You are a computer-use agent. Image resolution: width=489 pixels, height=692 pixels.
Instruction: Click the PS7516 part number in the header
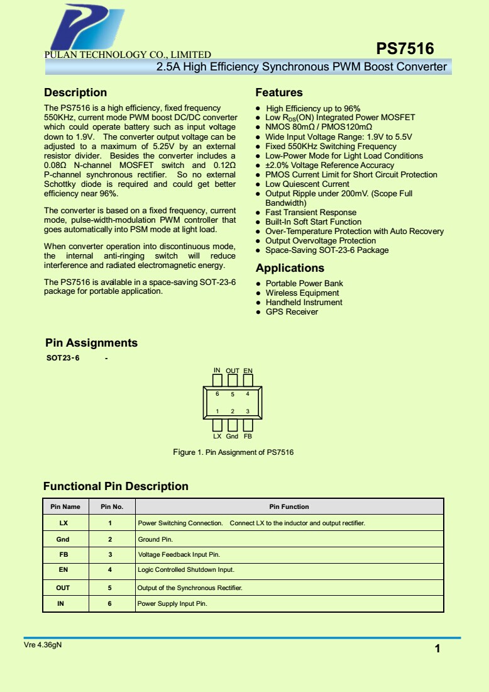tap(405, 49)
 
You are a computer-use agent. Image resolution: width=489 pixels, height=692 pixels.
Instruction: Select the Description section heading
tap(75, 92)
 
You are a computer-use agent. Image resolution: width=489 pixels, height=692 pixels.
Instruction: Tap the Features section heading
tap(279, 92)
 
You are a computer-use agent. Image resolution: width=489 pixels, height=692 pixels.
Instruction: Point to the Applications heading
tap(290, 268)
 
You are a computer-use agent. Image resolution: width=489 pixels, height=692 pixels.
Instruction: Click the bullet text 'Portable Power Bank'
tap(304, 284)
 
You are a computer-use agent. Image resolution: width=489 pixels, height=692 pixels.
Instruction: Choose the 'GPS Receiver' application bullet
tap(292, 312)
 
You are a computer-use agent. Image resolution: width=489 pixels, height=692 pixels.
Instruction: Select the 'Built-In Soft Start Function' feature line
tap(313, 222)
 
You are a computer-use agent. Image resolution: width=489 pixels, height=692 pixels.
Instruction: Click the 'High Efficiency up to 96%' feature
tap(313, 109)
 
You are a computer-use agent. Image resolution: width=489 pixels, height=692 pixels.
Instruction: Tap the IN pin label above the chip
tap(217, 370)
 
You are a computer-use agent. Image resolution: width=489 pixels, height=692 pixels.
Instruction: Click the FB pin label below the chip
tap(248, 436)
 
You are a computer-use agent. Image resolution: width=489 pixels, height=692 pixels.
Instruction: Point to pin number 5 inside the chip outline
tap(233, 394)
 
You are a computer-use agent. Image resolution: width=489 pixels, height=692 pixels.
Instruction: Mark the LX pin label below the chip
tap(217, 436)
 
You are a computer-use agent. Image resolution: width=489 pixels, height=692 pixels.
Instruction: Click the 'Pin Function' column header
tap(289, 506)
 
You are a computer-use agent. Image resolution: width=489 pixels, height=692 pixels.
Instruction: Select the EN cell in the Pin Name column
tap(63, 570)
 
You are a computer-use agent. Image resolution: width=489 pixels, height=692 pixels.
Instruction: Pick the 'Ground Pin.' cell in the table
tap(155, 540)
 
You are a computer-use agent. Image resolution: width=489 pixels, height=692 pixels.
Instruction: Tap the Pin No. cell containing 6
tap(109, 604)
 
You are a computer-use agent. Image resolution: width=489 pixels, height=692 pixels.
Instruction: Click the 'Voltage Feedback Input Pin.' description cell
tap(179, 555)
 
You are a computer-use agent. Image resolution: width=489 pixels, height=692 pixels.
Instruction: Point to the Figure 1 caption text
tap(233, 452)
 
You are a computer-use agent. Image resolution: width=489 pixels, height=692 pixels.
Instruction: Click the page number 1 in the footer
tap(437, 649)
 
